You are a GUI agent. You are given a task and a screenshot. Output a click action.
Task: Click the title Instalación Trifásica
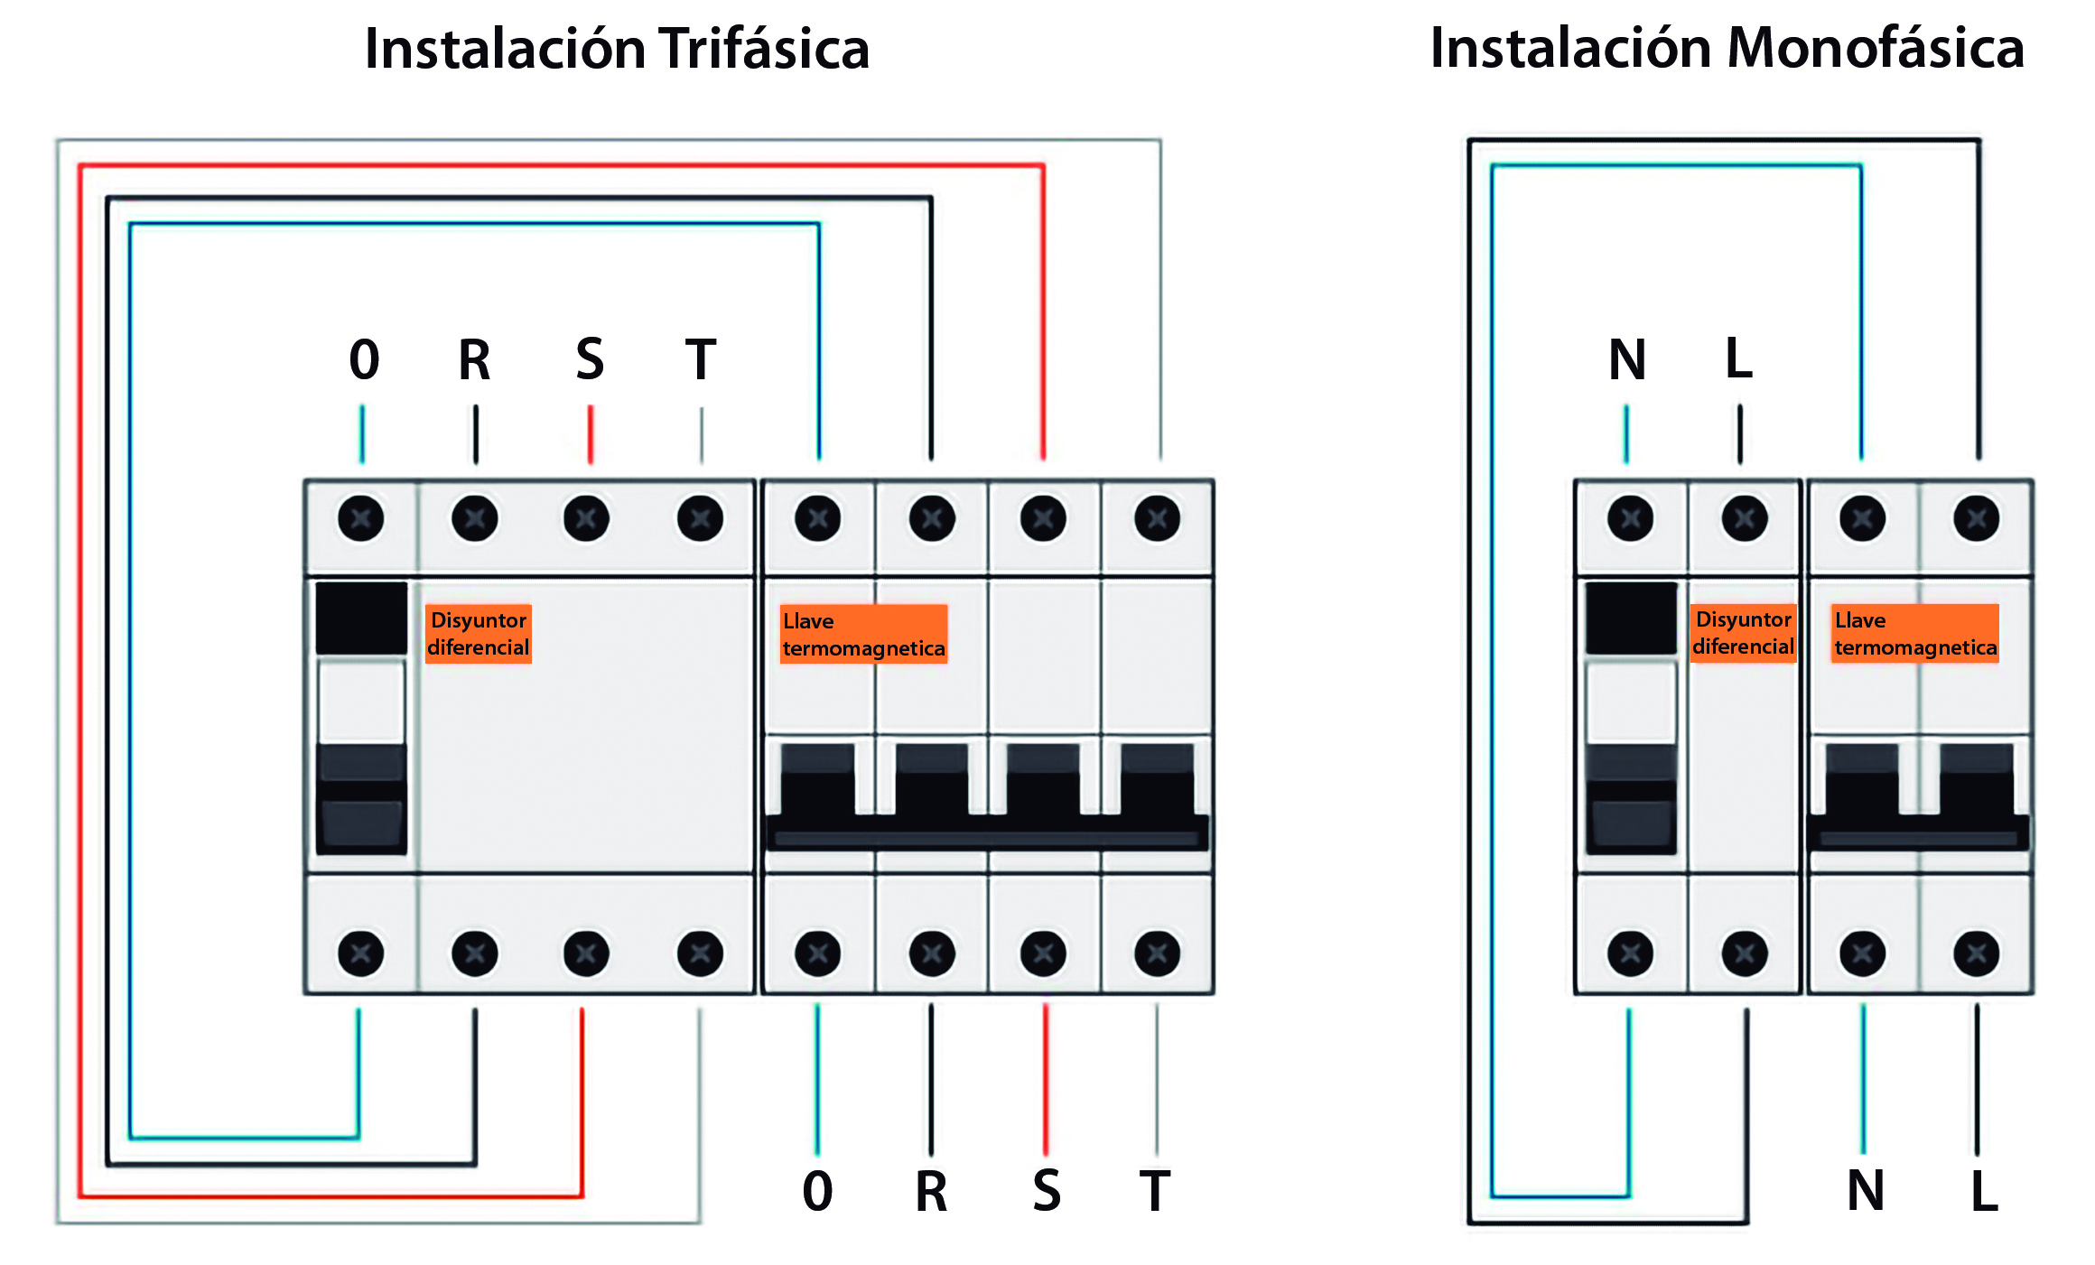coord(617,49)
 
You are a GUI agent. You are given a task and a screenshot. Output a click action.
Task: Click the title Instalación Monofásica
coord(1727,49)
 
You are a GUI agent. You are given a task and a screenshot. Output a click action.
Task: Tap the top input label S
coord(590,359)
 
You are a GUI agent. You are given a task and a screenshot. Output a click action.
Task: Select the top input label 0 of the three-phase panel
coord(364,359)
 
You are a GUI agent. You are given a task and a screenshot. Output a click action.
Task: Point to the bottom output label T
coord(1155,1191)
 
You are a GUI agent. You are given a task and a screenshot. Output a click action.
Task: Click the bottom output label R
coord(931,1191)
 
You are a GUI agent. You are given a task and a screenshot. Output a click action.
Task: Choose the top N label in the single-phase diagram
coord(1627,359)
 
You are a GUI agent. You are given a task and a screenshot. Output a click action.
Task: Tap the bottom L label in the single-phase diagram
coord(1984,1191)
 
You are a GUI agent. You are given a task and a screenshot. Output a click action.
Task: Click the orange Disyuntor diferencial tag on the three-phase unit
coord(478,634)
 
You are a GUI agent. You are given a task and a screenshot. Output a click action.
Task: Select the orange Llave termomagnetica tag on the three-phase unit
coord(863,634)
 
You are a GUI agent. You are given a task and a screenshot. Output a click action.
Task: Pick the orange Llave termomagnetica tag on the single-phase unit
coord(1914,634)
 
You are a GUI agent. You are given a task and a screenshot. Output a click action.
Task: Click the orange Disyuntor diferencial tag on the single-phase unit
coord(1743,634)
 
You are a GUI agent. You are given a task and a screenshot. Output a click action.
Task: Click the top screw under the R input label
coord(475,518)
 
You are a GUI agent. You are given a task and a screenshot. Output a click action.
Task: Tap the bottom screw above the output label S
coord(1043,953)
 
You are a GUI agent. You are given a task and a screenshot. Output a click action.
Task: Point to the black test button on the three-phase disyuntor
coord(361,619)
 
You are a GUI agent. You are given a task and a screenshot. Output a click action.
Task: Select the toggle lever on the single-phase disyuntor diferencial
coord(1631,799)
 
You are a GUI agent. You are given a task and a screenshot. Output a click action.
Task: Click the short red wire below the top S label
coord(591,434)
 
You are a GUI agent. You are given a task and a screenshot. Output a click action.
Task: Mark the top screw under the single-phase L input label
coord(1744,518)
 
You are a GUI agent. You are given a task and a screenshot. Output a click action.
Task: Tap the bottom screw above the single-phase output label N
coord(1862,953)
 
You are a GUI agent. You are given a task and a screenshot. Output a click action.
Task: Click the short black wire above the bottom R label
coord(931,1079)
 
